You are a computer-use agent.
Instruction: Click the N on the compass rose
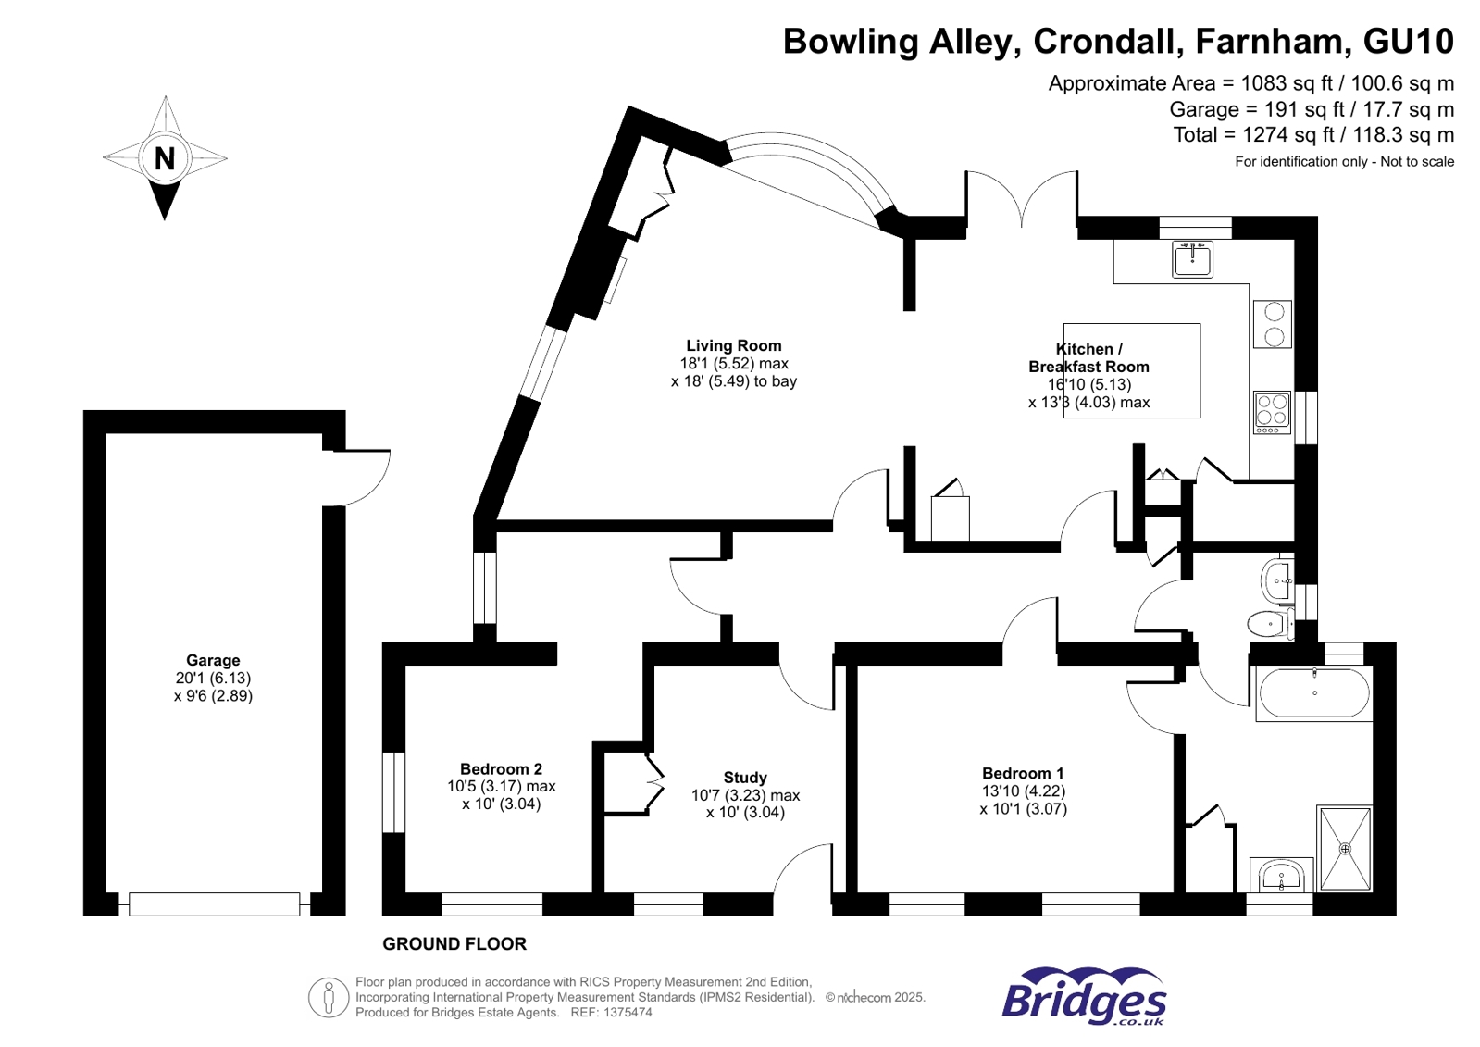click(x=165, y=159)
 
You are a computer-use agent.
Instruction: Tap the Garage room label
click(x=213, y=660)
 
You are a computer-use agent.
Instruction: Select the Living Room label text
click(x=733, y=345)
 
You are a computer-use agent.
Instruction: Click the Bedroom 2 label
click(x=501, y=768)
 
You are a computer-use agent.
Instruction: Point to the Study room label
click(x=745, y=778)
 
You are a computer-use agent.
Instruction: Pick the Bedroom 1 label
click(x=1023, y=773)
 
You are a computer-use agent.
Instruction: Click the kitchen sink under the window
click(x=1192, y=260)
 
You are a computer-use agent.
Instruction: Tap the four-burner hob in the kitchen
click(x=1272, y=412)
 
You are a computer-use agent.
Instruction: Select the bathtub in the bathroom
click(x=1314, y=692)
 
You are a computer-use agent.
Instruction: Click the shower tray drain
click(x=1345, y=848)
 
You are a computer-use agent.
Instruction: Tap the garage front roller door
click(x=214, y=904)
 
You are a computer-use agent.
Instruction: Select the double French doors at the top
click(x=1022, y=199)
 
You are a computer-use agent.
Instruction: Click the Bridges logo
click(x=1084, y=997)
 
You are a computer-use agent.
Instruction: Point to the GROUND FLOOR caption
click(x=454, y=944)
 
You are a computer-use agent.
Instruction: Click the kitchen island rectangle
click(x=1131, y=370)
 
